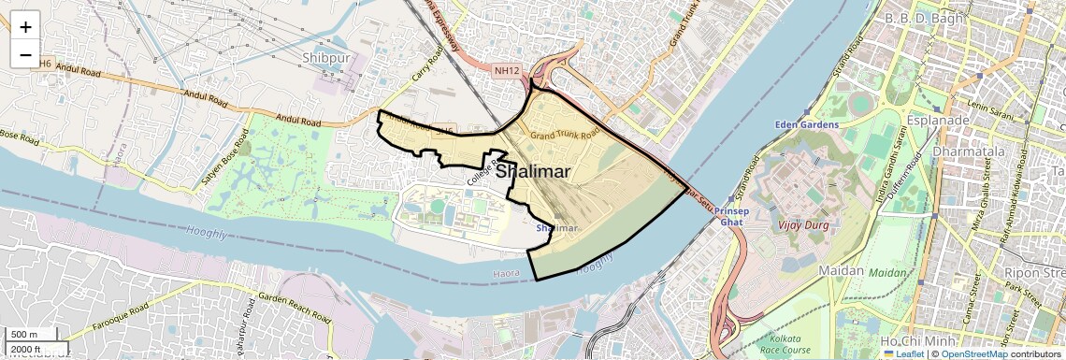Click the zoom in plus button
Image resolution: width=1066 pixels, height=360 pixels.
[x=25, y=26]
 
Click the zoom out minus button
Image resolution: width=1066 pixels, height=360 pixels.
[x=25, y=55]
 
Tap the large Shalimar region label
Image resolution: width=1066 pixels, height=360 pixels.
[x=534, y=172]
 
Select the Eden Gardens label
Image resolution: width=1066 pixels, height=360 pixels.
[x=806, y=123]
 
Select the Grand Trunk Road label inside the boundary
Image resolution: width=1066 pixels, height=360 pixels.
[x=564, y=136]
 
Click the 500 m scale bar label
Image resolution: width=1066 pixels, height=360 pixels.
[x=24, y=334]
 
